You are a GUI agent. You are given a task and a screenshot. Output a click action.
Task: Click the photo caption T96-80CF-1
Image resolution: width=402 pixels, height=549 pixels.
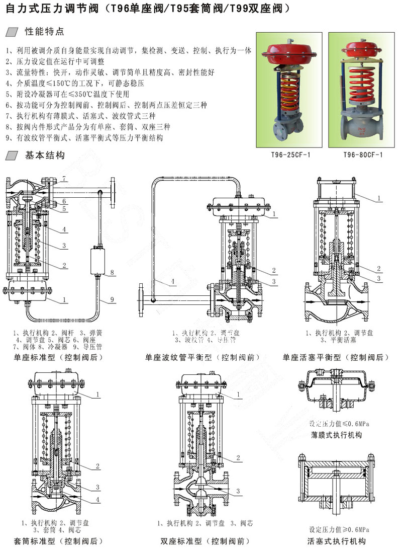point(363,154)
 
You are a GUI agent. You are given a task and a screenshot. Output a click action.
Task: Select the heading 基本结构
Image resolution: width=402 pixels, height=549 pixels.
point(45,155)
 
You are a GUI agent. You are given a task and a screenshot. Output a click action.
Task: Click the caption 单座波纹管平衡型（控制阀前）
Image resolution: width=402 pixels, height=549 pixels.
point(202,358)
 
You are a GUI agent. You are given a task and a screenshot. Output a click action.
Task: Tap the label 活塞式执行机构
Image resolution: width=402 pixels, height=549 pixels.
point(337,541)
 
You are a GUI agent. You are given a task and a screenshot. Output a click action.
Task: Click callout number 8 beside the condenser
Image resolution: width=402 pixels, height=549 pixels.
point(113,272)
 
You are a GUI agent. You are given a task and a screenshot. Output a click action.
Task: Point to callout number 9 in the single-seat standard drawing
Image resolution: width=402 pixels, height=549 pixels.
point(113,300)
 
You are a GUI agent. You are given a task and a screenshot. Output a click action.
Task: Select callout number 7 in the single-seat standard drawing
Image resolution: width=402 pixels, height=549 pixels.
point(64,179)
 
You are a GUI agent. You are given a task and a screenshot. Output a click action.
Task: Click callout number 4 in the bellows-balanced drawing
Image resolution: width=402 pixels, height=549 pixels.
point(172,283)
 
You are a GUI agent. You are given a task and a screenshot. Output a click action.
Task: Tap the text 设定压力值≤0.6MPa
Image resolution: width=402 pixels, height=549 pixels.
point(337,423)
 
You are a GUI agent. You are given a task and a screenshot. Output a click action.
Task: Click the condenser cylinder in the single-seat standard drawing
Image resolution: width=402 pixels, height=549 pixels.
point(99,260)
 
